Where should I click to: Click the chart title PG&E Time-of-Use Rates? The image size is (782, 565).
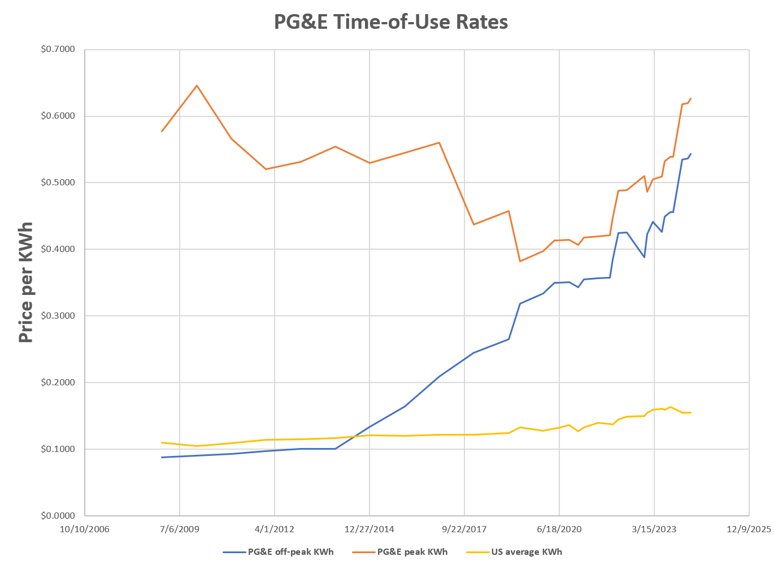coord(390,22)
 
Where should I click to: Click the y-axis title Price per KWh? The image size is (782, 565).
coord(25,282)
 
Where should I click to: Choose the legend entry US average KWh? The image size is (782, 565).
coord(526,552)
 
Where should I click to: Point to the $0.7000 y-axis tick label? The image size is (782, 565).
coord(58,50)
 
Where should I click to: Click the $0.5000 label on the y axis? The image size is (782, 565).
coord(58,182)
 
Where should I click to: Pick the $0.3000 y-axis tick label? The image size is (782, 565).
coord(58,316)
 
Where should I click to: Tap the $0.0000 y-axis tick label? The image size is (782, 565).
coord(58,515)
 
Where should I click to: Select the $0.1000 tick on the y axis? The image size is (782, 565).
coord(58,449)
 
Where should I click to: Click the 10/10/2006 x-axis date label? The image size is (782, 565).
coord(85,529)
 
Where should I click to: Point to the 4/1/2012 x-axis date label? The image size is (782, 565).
coord(275,529)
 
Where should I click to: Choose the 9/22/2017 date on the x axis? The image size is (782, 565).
coord(464,529)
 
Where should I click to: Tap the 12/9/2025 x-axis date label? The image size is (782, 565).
coord(749,529)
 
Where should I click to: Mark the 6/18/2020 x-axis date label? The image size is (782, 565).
coord(559,529)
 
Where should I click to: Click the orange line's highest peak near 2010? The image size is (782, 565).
coord(197,85)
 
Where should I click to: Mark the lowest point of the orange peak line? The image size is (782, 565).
coord(520,261)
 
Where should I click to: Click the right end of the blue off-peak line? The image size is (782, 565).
coord(690,154)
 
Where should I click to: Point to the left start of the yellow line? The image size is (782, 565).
coord(162,442)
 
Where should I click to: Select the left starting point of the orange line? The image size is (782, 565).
coord(162,131)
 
